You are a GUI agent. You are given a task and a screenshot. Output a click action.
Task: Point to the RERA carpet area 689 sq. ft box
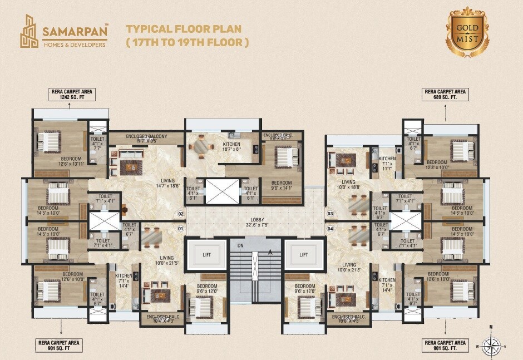pos(446,93)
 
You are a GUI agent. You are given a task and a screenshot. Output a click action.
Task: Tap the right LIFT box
pos(304,254)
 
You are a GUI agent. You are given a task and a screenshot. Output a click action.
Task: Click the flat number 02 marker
pos(180,214)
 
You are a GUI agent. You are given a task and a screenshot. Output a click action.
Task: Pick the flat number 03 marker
pos(330,214)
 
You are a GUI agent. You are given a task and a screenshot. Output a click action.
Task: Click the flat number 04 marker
pos(330,228)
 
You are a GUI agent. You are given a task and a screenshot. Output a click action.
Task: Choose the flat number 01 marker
pos(180,228)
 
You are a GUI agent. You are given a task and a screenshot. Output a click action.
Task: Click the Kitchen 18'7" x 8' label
pos(231,146)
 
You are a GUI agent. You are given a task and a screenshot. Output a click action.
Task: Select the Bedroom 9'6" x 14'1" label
pos(282,185)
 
